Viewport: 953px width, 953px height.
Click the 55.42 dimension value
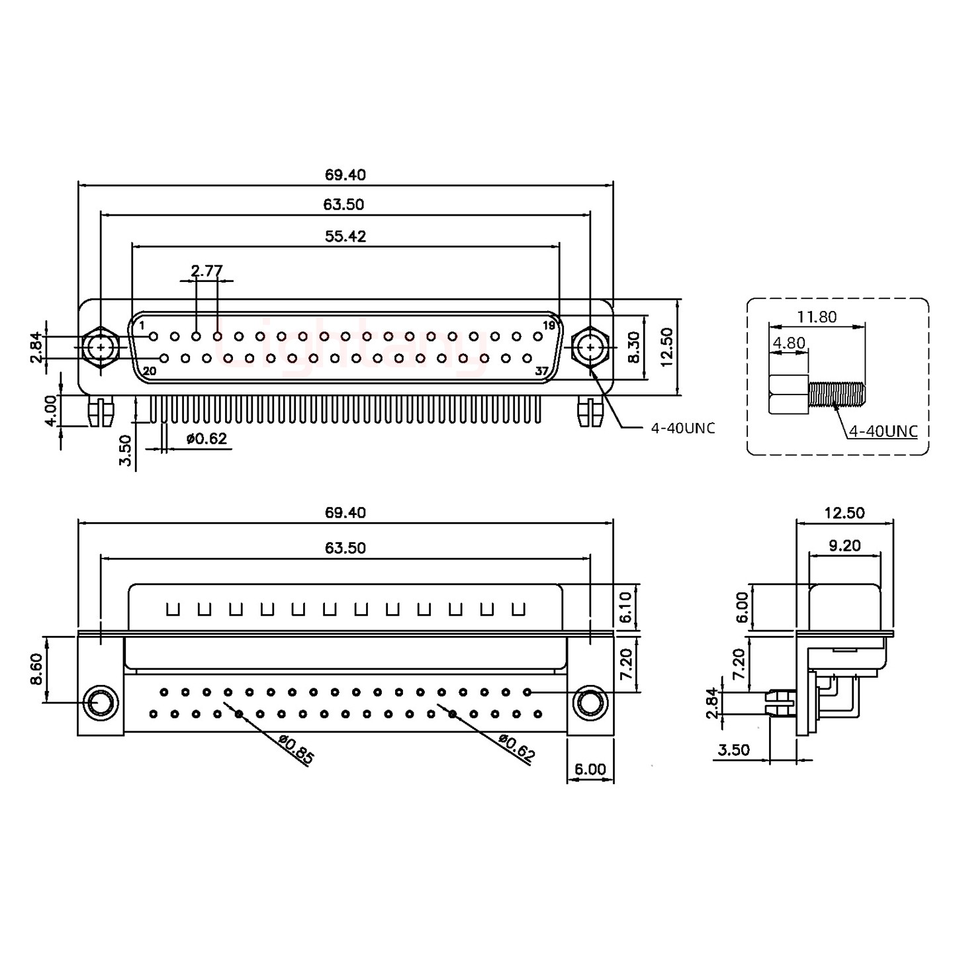point(345,236)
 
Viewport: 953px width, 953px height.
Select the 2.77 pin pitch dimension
point(206,271)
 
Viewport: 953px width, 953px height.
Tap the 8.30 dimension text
point(633,347)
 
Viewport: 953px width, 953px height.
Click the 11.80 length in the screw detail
point(817,317)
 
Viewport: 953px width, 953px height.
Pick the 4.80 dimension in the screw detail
point(789,343)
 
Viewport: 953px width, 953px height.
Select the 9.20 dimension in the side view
point(844,545)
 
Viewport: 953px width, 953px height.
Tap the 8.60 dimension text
point(37,669)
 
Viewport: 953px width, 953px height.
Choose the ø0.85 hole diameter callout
point(296,750)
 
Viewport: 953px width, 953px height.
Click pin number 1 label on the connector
point(142,325)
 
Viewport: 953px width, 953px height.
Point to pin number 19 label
point(549,325)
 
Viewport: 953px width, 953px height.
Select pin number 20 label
point(150,371)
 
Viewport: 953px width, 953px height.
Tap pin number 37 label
point(541,371)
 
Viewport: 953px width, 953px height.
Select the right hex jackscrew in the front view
point(589,347)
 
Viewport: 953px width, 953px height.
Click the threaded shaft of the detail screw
point(837,394)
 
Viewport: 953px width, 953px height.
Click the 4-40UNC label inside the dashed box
point(883,431)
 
